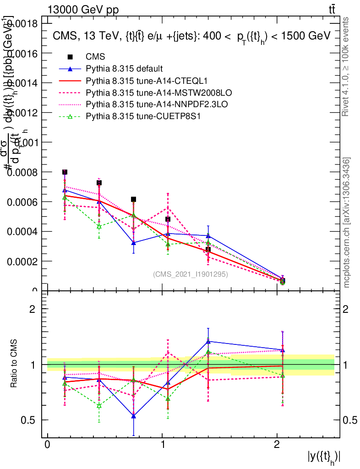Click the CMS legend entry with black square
coord(95,57)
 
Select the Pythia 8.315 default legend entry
coord(124,69)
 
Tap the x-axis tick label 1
coord(163,445)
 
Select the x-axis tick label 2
coord(277,445)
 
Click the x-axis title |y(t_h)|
coord(324,457)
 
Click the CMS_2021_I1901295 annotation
coord(190,275)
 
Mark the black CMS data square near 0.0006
coord(133,199)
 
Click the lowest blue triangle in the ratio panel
coord(133,416)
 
